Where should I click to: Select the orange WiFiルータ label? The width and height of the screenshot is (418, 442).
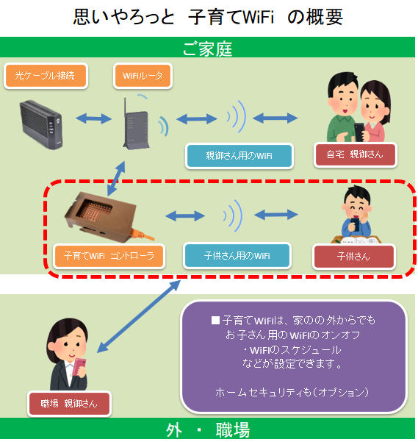coord(144,74)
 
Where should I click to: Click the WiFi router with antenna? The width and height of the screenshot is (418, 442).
coord(133,121)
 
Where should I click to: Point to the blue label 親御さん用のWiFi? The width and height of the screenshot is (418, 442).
coord(239,155)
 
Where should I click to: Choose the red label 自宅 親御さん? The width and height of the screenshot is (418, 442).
coord(356,155)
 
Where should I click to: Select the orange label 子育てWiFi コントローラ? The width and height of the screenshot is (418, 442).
coord(109,256)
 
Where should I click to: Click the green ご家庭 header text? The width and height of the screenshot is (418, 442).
coord(207,49)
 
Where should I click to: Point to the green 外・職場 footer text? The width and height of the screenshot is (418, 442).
coord(207,429)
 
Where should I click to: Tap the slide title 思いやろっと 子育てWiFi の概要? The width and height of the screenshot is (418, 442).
coord(208,18)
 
